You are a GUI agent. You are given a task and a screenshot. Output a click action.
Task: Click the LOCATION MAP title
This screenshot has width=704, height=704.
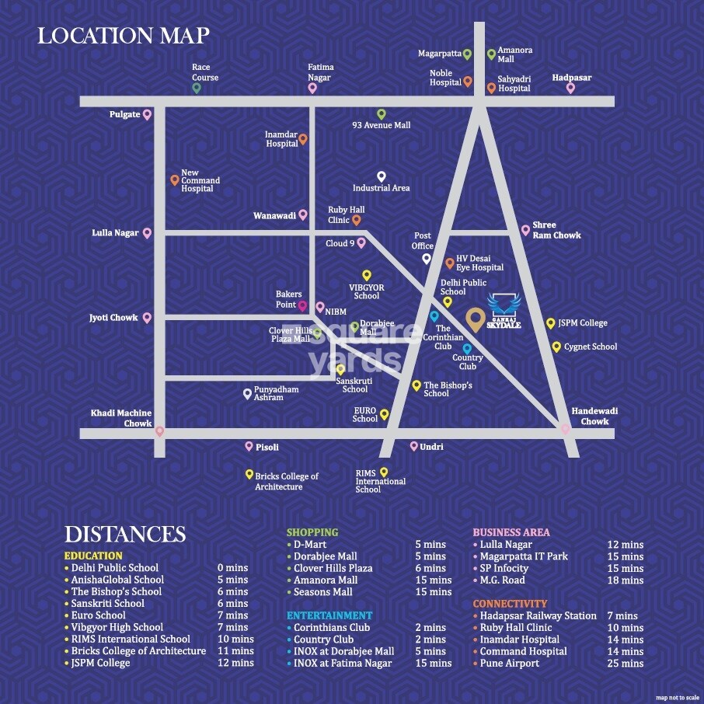124,37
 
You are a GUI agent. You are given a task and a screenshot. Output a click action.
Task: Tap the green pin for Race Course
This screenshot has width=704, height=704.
197,88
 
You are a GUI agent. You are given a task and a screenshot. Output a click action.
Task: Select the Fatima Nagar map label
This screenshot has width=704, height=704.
319,72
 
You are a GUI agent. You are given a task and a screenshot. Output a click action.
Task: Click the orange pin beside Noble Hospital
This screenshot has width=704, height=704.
468,81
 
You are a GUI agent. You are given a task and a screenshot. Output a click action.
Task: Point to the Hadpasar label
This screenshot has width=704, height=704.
572,78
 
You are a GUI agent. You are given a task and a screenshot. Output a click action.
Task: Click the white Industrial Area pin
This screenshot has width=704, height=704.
381,176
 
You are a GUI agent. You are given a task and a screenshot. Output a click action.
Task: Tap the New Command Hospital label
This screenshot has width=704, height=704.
200,180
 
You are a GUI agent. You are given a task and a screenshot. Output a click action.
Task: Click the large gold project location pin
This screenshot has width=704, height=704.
475,318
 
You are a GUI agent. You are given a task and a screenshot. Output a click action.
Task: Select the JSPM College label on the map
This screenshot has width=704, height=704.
581,323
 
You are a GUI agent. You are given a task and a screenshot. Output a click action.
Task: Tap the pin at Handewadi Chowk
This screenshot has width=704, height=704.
566,428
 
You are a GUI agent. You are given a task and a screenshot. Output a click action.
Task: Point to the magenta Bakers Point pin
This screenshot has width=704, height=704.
303,307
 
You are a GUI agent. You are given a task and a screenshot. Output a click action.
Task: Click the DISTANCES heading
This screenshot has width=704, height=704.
125,535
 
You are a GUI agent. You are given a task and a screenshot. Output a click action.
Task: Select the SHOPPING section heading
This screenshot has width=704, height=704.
312,532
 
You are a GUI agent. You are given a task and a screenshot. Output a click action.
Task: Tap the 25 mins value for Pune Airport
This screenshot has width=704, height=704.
625,663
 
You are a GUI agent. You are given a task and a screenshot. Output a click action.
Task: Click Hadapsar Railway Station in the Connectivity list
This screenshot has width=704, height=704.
538,615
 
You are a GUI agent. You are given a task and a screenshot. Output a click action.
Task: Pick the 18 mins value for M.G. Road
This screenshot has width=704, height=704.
625,580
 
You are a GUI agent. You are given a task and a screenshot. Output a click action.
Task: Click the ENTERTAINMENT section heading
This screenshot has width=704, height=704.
329,615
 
